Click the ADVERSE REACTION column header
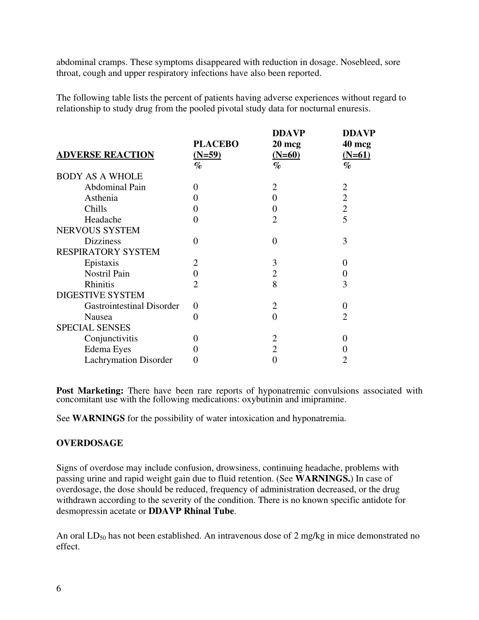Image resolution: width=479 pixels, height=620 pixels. coord(105,155)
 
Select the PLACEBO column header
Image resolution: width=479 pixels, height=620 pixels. coord(216,144)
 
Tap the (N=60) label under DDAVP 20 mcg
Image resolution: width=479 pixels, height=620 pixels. coord(286,155)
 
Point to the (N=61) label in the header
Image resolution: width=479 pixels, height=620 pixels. coord(356,155)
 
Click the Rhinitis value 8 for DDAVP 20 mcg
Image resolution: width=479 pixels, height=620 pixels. coord(275,285)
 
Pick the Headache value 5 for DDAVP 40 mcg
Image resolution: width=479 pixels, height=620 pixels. coord(345,220)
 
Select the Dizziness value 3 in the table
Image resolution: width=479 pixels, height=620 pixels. coord(345,241)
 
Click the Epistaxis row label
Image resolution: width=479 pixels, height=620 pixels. coord(101,263)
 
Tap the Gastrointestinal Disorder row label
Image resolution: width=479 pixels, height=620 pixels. coord(131,306)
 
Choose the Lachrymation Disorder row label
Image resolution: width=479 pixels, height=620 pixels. coord(128,360)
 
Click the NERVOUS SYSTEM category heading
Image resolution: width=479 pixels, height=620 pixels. coord(98,231)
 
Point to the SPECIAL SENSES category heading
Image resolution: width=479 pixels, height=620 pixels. coord(93,328)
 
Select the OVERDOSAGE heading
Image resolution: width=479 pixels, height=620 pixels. coord(90,443)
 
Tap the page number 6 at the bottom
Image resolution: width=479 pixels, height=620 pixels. coord(59,589)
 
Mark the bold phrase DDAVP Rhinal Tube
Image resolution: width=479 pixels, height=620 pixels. coord(191,511)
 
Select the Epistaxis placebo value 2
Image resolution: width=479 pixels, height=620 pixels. coord(196,263)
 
